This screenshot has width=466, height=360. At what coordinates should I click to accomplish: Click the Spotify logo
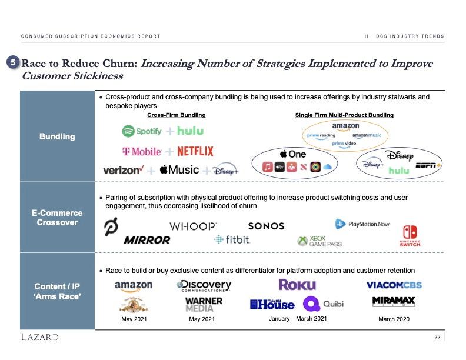click(141, 131)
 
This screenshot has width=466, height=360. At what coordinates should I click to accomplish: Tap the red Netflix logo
click(195, 151)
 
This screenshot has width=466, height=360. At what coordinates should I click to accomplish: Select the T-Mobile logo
click(141, 152)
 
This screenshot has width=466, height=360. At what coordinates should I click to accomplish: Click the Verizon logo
click(124, 170)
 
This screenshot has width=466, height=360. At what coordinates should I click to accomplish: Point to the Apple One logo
click(293, 154)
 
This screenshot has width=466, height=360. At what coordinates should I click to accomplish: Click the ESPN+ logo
click(428, 166)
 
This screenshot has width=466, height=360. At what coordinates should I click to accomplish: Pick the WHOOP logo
click(193, 226)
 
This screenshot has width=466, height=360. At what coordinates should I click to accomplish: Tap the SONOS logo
click(266, 226)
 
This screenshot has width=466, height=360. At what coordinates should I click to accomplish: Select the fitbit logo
click(232, 240)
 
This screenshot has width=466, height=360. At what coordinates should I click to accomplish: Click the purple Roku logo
click(297, 285)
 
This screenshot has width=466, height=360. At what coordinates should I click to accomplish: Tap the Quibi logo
click(323, 304)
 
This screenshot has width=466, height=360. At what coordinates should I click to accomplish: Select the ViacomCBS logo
click(394, 285)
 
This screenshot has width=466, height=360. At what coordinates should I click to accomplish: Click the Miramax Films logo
click(394, 301)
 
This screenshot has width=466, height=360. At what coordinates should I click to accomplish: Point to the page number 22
click(437, 337)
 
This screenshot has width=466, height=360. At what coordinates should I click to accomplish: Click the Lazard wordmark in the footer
click(39, 337)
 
